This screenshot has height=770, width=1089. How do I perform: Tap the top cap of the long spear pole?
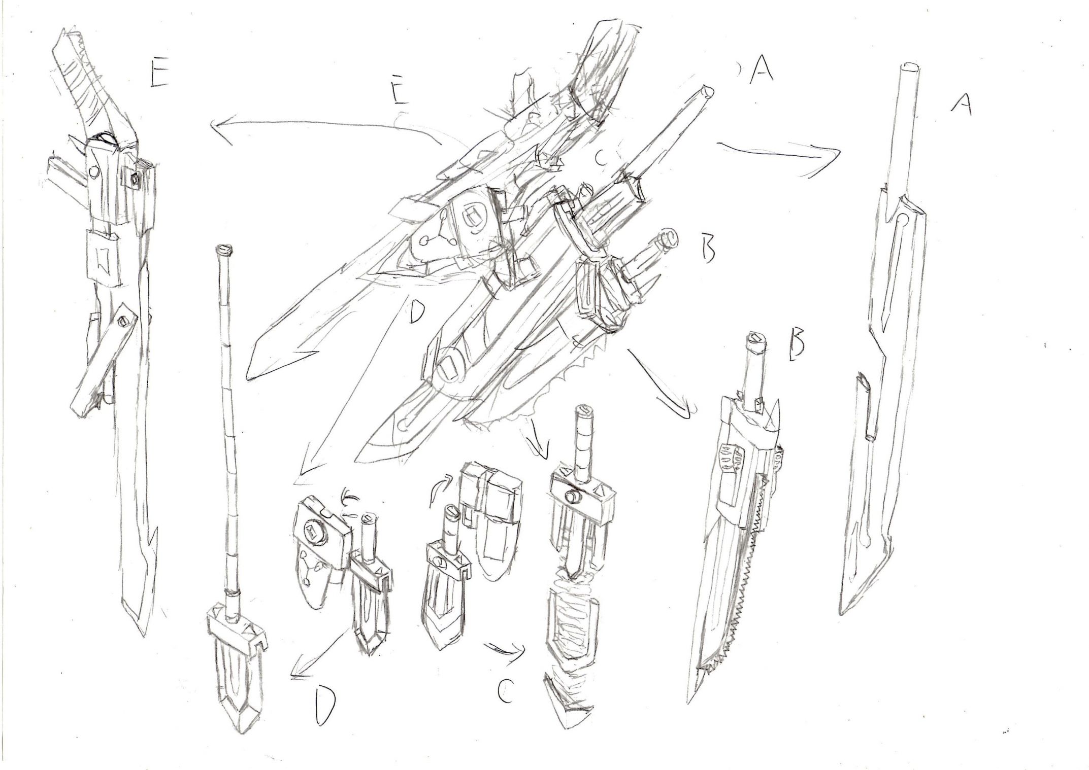(x=223, y=249)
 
